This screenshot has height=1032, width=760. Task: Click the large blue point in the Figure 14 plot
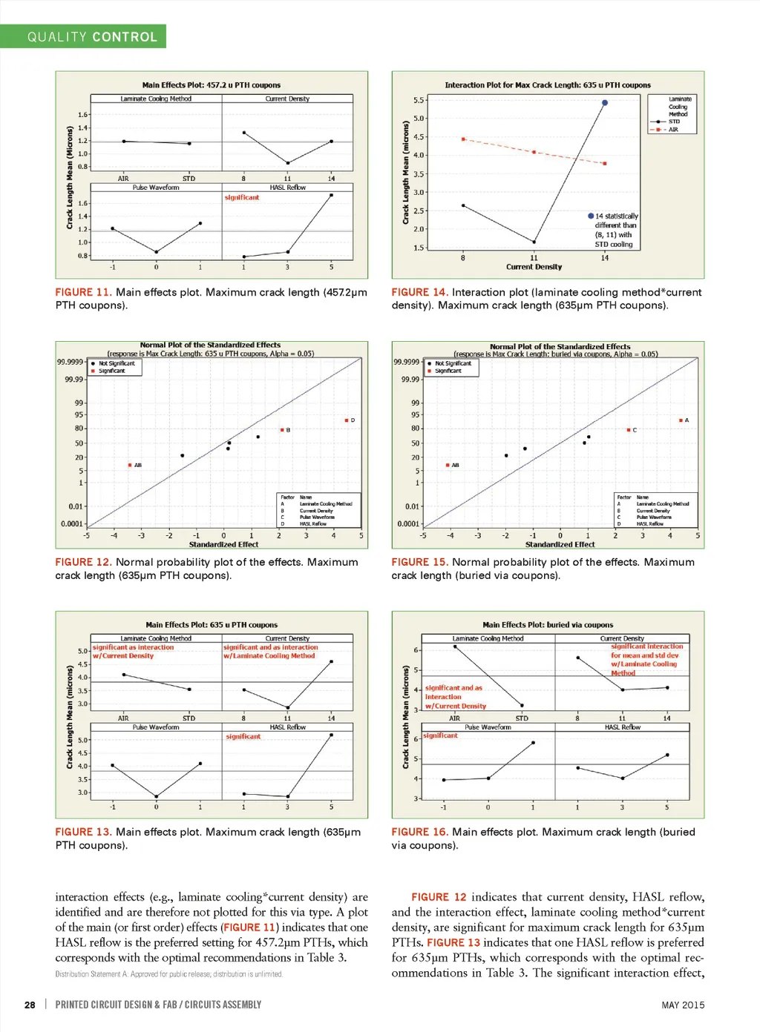[x=605, y=103]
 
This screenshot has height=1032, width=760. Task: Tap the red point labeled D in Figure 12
[x=347, y=420]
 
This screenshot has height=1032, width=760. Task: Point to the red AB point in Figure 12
[x=130, y=465]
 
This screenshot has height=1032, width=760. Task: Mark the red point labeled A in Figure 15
[x=681, y=420]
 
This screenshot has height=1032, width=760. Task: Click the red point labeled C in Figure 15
[x=629, y=430]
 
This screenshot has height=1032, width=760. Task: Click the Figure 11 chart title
[x=212, y=85]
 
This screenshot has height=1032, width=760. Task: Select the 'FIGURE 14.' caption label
[x=419, y=292]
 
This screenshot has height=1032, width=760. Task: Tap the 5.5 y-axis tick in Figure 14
[x=419, y=100]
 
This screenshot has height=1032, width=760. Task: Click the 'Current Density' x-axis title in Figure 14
[x=534, y=267]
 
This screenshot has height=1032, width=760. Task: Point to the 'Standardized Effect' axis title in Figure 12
[x=223, y=544]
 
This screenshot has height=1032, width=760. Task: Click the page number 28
[x=30, y=1005]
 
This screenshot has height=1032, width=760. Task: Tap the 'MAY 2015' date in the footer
[x=683, y=1005]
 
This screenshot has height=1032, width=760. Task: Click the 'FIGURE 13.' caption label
[x=83, y=832]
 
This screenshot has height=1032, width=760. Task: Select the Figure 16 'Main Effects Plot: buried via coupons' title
[x=548, y=625]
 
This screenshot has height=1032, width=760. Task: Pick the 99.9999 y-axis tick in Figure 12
[x=70, y=362]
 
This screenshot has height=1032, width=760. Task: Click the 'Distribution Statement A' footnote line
[x=169, y=974]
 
